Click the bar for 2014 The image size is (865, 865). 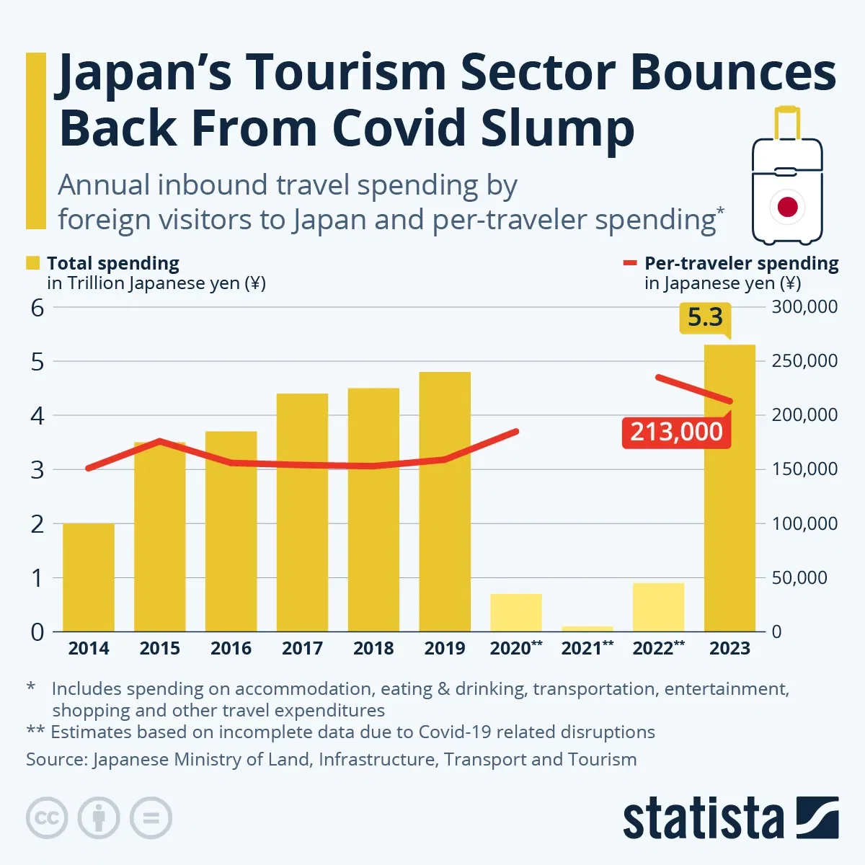coord(89,577)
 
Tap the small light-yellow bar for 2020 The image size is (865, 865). coord(516,613)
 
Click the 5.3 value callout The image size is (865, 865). coord(705,318)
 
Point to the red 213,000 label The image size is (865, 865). coord(676,432)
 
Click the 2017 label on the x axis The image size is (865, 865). coord(302,648)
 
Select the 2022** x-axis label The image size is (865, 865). coord(658,648)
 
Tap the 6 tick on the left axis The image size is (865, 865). coord(37,308)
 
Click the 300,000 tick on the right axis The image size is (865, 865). coord(804,307)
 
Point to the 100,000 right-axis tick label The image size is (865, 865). coord(804,523)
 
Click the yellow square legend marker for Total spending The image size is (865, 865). coord(33,263)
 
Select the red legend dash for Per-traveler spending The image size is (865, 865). coord(629,264)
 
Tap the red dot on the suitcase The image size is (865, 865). coord(787,208)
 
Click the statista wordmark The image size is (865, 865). coord(703,819)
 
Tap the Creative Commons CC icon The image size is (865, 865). coord(47,818)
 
